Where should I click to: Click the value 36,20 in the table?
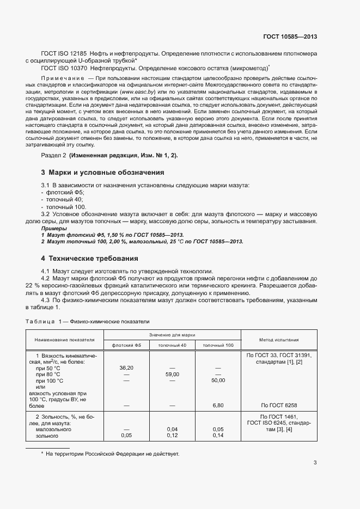[126, 368]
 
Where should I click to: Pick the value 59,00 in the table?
[172, 375]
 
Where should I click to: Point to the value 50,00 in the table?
[218, 381]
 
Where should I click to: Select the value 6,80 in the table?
[218, 405]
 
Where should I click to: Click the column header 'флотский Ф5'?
[126, 346]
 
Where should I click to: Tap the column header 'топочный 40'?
[172, 346]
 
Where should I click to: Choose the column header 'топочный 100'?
[218, 346]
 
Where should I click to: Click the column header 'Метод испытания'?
[279, 339]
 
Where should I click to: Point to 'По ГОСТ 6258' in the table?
[279, 405]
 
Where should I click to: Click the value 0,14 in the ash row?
[218, 436]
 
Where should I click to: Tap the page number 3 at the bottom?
[315, 463]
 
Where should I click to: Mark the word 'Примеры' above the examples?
[52, 229]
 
